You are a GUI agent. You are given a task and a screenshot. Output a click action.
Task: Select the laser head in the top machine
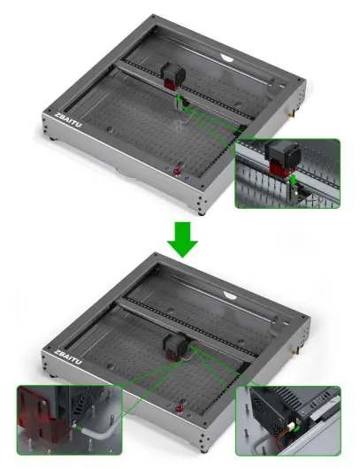coord(172,80)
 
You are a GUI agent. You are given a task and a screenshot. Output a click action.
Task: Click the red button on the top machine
coord(180,170)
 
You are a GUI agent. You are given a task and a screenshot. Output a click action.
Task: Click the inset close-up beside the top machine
coord(287,173)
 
